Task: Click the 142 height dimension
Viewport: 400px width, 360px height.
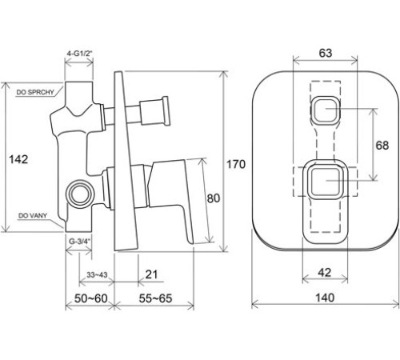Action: [18, 159]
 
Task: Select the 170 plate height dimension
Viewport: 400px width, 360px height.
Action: [236, 164]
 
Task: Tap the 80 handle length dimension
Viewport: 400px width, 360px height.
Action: [214, 198]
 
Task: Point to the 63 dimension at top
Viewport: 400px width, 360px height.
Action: [326, 53]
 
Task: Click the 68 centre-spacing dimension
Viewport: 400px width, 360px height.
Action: [382, 146]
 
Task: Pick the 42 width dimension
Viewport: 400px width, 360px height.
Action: [325, 272]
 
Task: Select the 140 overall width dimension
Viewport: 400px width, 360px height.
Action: [325, 298]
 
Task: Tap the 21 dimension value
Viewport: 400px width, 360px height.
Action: [151, 274]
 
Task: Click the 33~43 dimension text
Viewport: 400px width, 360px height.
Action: [97, 274]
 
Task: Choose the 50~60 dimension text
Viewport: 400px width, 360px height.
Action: [90, 298]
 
